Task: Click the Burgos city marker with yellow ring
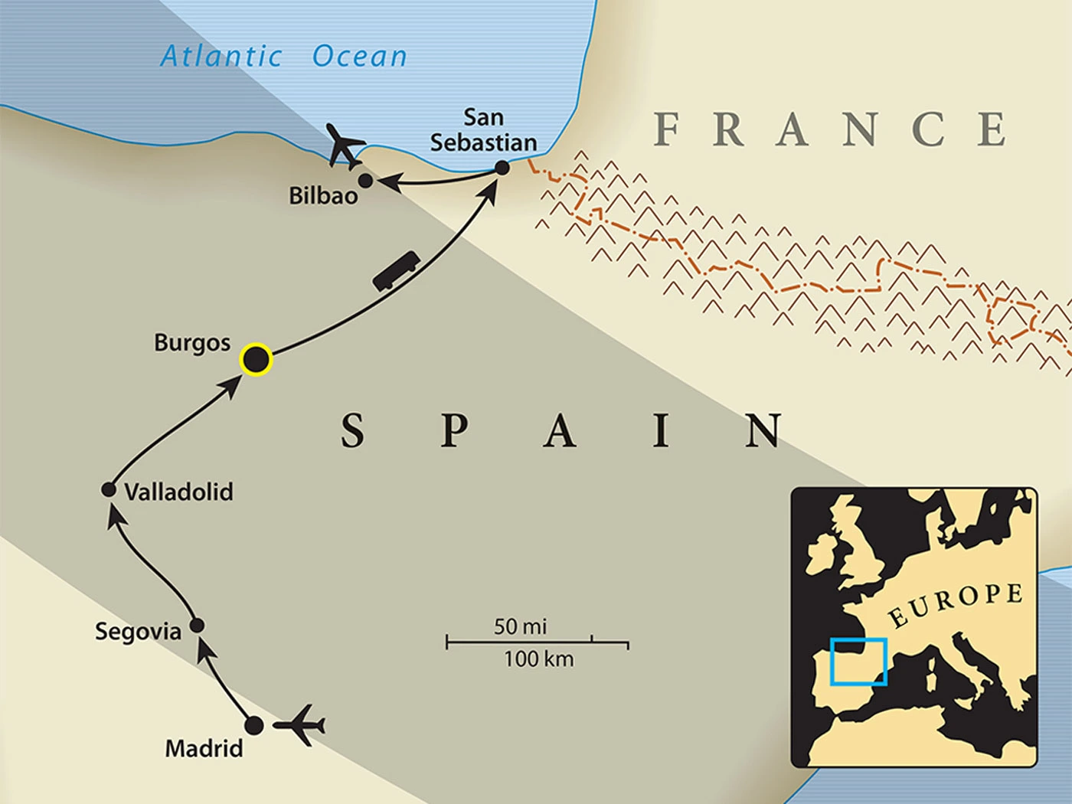tap(256, 359)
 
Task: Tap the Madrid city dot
tap(254, 724)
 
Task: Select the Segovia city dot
tap(197, 626)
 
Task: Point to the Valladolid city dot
tap(109, 489)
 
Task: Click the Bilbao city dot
tap(366, 181)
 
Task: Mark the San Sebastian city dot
tap(502, 168)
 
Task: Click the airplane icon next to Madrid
tap(299, 724)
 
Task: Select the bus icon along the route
tap(396, 271)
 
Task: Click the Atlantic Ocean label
tap(283, 56)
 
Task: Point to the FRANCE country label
tap(830, 129)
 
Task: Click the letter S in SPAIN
tap(352, 430)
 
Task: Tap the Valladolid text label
tap(178, 492)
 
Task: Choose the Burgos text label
tap(191, 342)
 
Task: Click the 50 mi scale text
tap(520, 626)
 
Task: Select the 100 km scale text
tap(538, 659)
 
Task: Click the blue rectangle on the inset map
tap(858, 662)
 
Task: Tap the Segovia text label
tap(138, 632)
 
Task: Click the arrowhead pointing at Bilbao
tap(387, 182)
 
